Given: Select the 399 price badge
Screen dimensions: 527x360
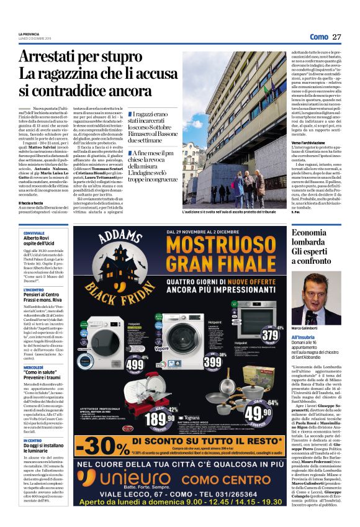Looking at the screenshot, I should [x=212, y=362].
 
